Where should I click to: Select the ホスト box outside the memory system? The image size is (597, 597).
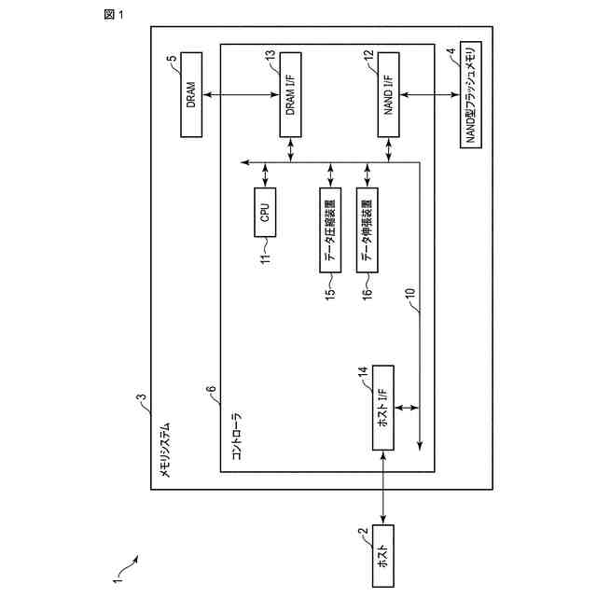pyautogui.click(x=382, y=556)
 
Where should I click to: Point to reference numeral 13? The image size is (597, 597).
pyautogui.click(x=271, y=56)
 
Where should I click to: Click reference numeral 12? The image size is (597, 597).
pyautogui.click(x=368, y=56)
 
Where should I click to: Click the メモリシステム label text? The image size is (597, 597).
pyautogui.click(x=165, y=450)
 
